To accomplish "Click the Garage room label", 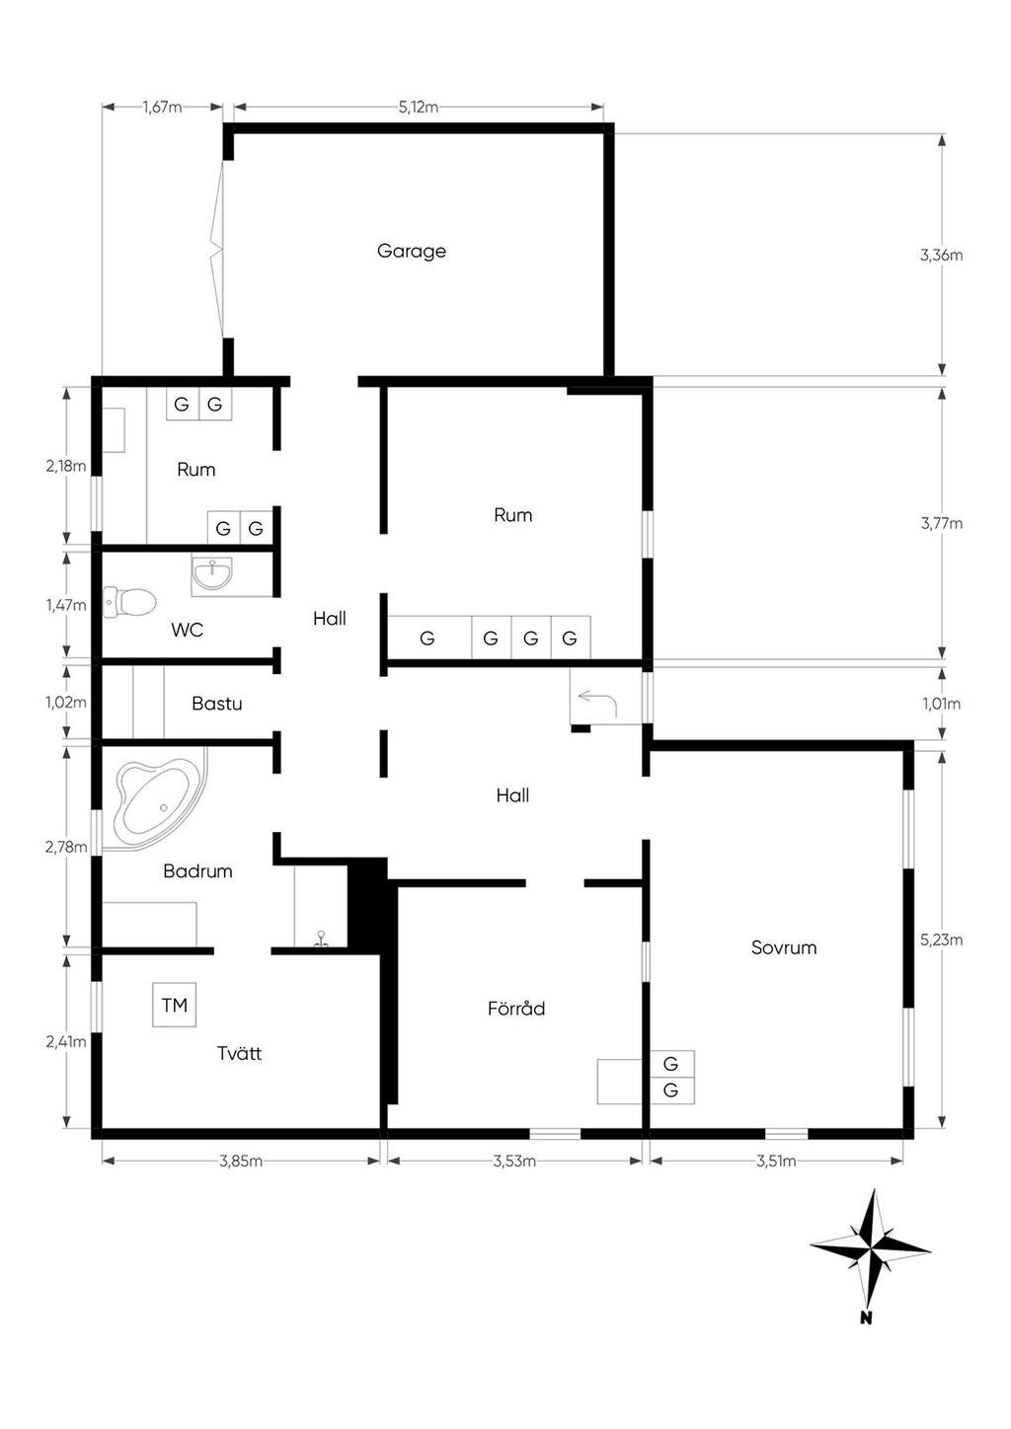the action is click(x=411, y=251).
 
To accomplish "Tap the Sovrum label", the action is click(x=784, y=947).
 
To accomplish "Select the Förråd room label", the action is click(x=515, y=1008).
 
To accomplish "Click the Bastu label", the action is click(x=217, y=703).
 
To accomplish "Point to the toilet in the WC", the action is click(x=130, y=602).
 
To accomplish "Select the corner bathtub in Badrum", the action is click(x=155, y=798).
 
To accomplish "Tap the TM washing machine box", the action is click(x=174, y=1005).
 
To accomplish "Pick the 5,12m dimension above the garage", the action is click(x=419, y=108).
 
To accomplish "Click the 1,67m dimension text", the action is click(x=163, y=108).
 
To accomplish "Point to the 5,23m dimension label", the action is click(x=942, y=940).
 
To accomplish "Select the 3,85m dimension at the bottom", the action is click(x=241, y=1161).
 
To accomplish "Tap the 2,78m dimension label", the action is click(x=66, y=847).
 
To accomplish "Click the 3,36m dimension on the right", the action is click(x=942, y=256).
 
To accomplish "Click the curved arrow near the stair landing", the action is click(x=597, y=705).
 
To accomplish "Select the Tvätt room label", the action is click(x=239, y=1053).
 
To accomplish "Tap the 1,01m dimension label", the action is click(x=942, y=704).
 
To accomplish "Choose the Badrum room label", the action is click(x=197, y=870).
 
